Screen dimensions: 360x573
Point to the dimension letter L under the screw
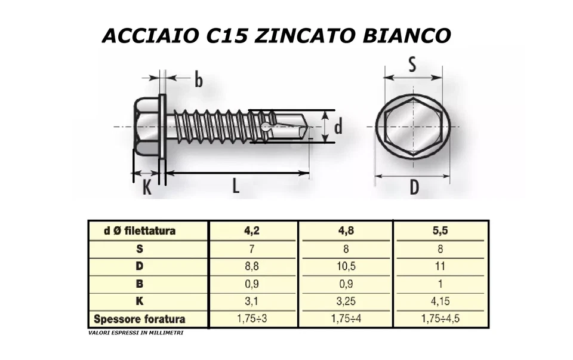click(x=236, y=187)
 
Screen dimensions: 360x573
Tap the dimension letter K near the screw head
click(x=147, y=188)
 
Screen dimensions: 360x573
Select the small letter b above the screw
click(x=198, y=79)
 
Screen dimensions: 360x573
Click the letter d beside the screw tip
click(x=338, y=127)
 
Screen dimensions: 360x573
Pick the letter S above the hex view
click(x=412, y=64)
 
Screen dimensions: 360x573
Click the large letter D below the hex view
click(x=414, y=189)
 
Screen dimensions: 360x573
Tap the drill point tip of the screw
click(x=307, y=126)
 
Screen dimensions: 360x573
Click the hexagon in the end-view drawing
click(x=413, y=127)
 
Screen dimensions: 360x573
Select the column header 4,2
click(x=252, y=230)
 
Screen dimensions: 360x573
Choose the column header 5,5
click(x=441, y=230)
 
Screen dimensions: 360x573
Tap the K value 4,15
click(x=441, y=301)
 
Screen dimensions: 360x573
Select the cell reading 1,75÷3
click(x=252, y=319)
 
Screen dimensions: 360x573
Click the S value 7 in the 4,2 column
click(x=252, y=248)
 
